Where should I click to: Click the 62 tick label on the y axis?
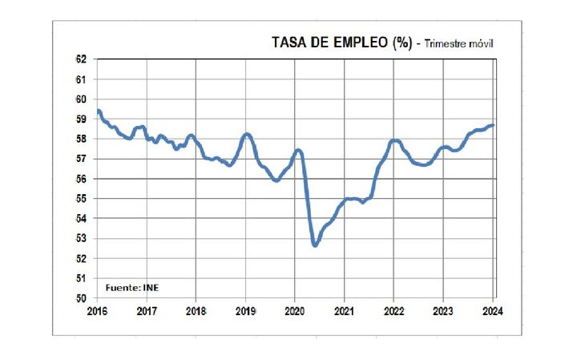pos(81,59)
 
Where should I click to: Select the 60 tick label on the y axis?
pos(81,99)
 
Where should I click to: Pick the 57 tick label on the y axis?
pos(81,159)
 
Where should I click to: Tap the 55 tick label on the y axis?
pos(81,199)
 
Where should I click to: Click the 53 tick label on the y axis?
pos(81,238)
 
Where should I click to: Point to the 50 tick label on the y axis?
pos(81,298)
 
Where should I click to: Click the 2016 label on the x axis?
pos(97,310)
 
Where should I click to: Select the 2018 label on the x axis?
pos(196,310)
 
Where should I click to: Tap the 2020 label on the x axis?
pos(294,310)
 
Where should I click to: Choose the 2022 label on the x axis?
pos(393,310)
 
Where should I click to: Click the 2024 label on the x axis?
pos(491,310)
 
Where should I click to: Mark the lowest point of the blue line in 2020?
pos(315,245)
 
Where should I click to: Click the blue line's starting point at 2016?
pos(98,111)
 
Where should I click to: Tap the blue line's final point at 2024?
pos(493,125)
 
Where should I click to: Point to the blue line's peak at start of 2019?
pos(247,134)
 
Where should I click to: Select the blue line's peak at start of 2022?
pos(394,141)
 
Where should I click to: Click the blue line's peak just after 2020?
pos(298,150)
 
